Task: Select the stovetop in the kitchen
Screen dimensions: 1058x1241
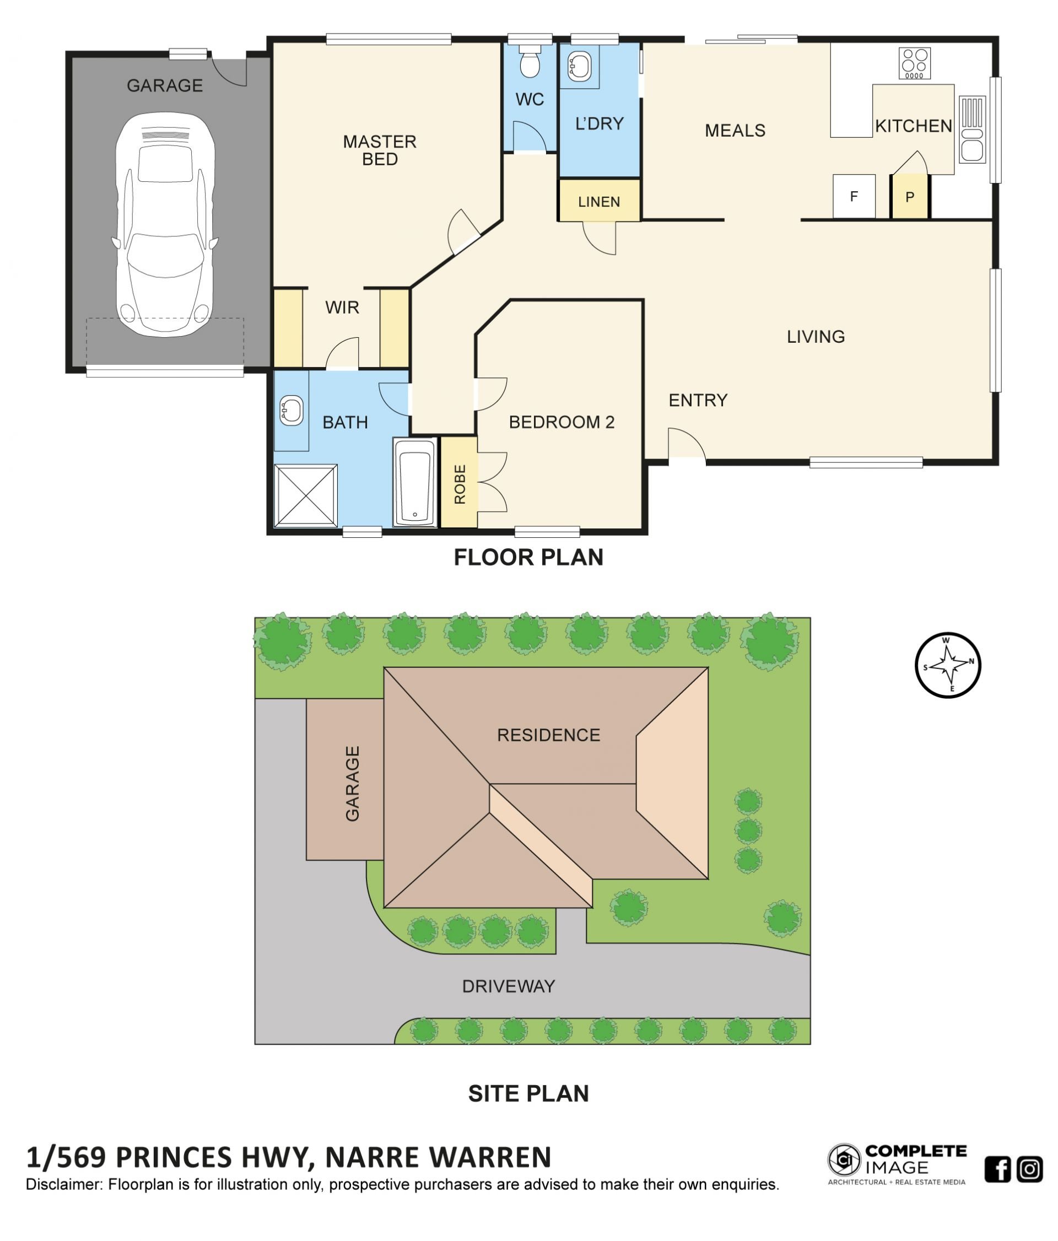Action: tap(914, 63)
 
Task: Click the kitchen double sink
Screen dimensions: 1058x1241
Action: tap(971, 130)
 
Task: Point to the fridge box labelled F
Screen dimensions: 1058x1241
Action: tap(854, 196)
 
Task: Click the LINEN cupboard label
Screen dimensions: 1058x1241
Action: tap(599, 202)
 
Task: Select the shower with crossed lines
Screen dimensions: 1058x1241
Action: tap(305, 495)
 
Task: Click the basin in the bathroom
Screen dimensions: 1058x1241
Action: tap(291, 411)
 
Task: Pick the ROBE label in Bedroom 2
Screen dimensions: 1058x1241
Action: tap(459, 484)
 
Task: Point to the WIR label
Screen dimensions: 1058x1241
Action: tap(342, 307)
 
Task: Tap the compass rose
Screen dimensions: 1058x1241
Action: tap(947, 665)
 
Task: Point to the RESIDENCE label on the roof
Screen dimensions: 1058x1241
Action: tap(548, 735)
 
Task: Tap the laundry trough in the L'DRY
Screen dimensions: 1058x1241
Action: tap(579, 66)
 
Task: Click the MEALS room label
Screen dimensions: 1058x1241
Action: tap(735, 131)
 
